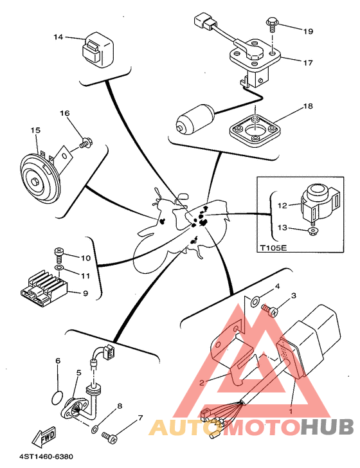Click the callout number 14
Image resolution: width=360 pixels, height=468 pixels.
click(59, 37)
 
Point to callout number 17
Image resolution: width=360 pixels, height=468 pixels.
click(308, 63)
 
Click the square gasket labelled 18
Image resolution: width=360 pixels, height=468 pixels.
click(255, 129)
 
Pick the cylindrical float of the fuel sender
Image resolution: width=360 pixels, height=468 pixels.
click(195, 118)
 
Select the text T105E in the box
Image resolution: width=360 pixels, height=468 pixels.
click(273, 248)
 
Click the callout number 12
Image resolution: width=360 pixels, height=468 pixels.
click(282, 205)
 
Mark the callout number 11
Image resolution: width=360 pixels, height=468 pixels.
click(85, 276)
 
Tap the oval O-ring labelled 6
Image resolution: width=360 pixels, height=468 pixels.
click(57, 397)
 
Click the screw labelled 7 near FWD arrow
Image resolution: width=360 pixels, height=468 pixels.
click(109, 437)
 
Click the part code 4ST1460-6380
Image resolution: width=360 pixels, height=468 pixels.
click(46, 456)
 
